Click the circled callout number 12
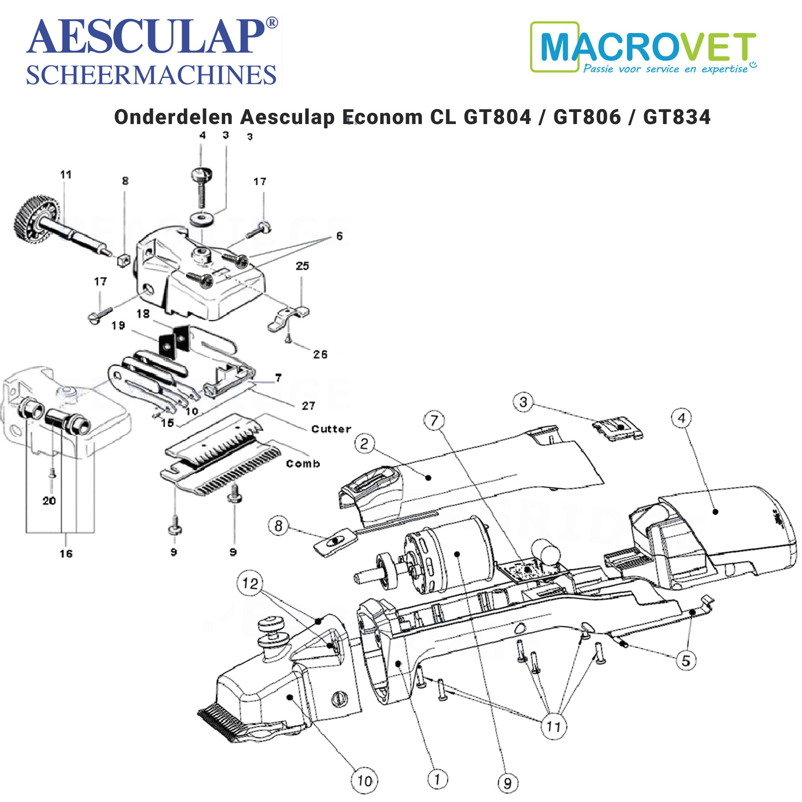(250, 583)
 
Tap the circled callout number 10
(364, 781)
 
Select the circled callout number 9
(508, 783)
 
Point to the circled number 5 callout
(686, 660)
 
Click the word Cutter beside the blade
(331, 429)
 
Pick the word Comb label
(303, 463)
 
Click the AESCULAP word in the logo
(146, 37)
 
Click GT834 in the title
(677, 117)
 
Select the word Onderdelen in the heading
(173, 117)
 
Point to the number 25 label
(302, 266)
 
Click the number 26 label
(320, 354)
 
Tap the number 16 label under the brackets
(66, 553)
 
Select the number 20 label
(49, 500)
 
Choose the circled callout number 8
(279, 525)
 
